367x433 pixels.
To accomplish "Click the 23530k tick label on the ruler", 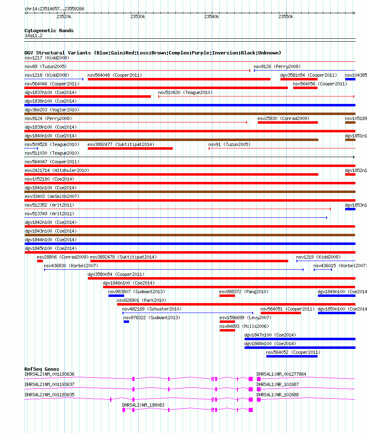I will click(137, 16).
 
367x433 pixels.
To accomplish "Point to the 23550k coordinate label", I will click(285, 16).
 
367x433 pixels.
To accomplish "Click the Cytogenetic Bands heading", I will click(49, 31).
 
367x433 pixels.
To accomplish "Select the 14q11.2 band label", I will click(33, 36).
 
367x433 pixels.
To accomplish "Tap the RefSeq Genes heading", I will click(42, 369).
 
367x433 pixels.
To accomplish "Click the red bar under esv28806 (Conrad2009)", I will click(40, 261).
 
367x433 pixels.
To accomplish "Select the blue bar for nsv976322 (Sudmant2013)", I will click(126, 322).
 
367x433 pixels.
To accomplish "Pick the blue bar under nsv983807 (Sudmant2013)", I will click(116, 296).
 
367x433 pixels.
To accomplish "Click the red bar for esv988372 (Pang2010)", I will click(227, 296).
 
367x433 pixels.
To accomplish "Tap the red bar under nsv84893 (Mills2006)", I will click(227, 330).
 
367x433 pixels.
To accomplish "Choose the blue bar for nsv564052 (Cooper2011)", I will click(292, 356).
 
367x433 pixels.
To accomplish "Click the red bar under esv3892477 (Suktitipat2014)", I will click(130, 148).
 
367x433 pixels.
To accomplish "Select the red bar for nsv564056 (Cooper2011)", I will click(305, 88).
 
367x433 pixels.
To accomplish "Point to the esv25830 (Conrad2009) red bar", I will click(287, 122).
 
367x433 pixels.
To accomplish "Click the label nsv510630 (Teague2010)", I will click(185, 92).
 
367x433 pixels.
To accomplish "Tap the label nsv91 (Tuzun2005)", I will click(229, 144).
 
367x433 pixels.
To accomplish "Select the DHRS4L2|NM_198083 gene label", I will click(143, 405).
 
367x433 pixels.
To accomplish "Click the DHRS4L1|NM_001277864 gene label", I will click(281, 374).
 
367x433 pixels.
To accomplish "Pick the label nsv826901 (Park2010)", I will click(141, 300).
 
